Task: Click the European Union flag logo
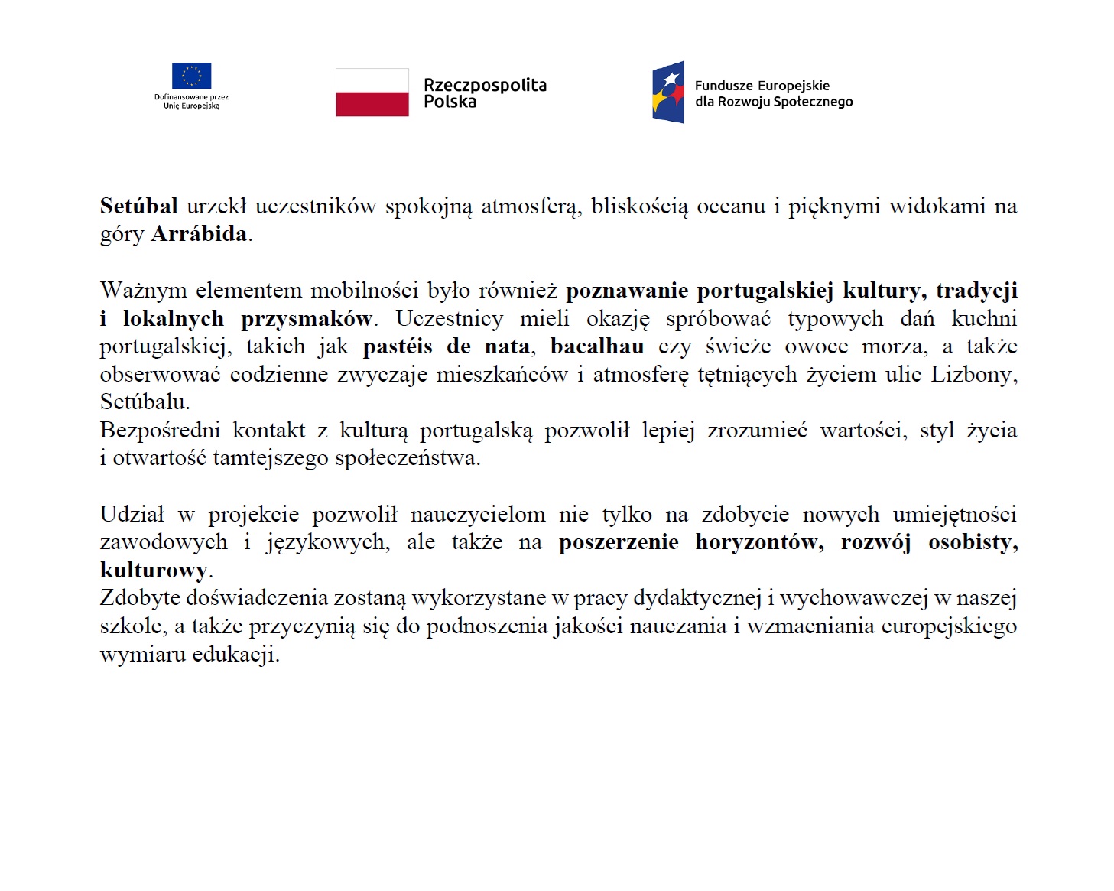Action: [191, 76]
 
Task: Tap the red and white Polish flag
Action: [372, 93]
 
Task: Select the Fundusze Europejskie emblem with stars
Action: [668, 93]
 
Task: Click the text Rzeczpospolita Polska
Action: [485, 93]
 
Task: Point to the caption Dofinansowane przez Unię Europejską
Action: [191, 101]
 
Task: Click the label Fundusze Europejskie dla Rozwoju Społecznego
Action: [773, 93]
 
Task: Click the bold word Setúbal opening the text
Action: [138, 206]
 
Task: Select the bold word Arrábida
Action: [199, 234]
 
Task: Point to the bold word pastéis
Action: [397, 346]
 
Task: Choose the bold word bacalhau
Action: [596, 346]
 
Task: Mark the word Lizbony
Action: [973, 375]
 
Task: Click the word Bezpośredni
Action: [160, 431]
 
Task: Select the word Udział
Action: [132, 515]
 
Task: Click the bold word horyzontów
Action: [759, 542]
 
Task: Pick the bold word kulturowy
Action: [154, 571]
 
